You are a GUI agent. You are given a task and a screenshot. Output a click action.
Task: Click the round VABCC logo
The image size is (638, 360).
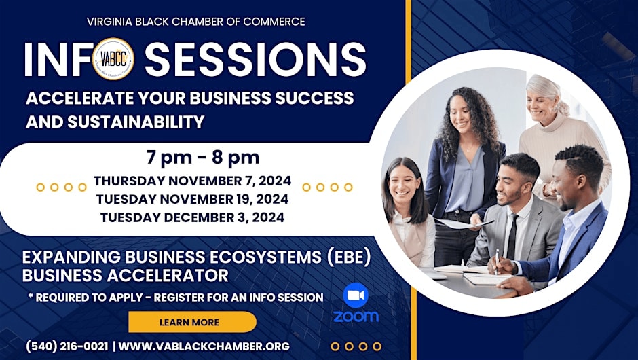click(113, 59)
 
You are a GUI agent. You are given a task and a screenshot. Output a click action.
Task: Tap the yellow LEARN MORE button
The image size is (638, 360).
click(192, 322)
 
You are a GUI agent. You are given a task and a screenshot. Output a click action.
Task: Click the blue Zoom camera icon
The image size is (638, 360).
click(356, 295)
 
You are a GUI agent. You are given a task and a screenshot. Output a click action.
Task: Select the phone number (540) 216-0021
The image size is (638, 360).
click(67, 346)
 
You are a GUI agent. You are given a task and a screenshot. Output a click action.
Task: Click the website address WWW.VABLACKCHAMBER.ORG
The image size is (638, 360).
click(204, 346)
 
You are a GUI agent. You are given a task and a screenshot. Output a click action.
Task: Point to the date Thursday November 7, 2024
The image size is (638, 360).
click(193, 181)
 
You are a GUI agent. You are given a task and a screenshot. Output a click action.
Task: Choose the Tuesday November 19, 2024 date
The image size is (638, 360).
click(193, 199)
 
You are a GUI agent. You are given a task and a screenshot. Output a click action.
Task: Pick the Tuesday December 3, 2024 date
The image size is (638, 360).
click(193, 217)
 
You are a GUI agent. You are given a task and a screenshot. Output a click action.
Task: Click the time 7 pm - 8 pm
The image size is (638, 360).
click(203, 158)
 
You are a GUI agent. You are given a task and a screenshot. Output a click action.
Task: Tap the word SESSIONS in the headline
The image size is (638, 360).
click(255, 59)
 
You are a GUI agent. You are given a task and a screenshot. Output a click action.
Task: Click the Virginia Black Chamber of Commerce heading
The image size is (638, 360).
click(195, 22)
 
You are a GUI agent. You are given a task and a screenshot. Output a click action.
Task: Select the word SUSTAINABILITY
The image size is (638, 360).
click(136, 122)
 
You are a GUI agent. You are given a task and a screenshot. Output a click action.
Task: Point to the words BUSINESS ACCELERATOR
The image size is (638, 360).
click(126, 276)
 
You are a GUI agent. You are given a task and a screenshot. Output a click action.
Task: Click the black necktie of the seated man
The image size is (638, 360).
click(512, 237)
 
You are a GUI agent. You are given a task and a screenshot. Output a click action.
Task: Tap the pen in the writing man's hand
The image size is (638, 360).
click(497, 262)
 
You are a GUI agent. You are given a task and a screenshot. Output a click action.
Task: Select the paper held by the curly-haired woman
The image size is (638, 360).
click(463, 223)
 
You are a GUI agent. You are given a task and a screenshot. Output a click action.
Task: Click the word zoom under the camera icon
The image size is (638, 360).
click(356, 317)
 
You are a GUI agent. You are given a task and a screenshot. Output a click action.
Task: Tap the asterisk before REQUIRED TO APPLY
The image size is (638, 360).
click(31, 296)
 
